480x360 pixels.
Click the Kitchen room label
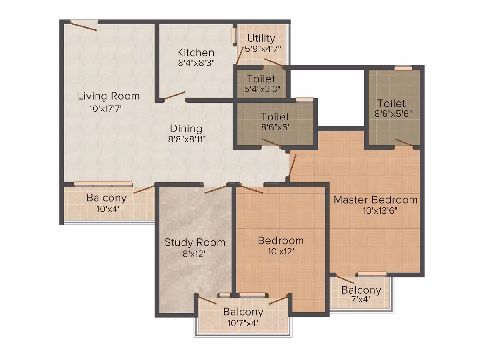point(195,53)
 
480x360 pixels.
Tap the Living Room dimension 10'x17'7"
point(106,108)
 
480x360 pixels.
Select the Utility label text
point(261,38)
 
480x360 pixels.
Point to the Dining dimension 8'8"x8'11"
point(187,139)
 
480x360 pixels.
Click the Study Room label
point(195,242)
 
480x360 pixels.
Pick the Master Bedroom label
point(376,199)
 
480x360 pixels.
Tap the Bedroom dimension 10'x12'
point(281,251)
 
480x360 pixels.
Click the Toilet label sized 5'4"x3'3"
point(261,79)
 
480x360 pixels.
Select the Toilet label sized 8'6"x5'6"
point(391,103)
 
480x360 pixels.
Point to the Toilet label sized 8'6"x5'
point(275,117)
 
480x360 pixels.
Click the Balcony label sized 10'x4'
point(106,198)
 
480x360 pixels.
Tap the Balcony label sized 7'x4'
point(361,290)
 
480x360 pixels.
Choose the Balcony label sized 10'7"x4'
point(243,312)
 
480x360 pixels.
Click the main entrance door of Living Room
point(84,26)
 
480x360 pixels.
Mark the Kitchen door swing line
point(174,96)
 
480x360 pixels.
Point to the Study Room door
point(216,189)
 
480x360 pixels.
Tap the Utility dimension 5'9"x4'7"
point(263,49)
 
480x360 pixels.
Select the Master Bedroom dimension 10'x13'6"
point(380,211)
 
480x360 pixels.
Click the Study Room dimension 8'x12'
point(194,254)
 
